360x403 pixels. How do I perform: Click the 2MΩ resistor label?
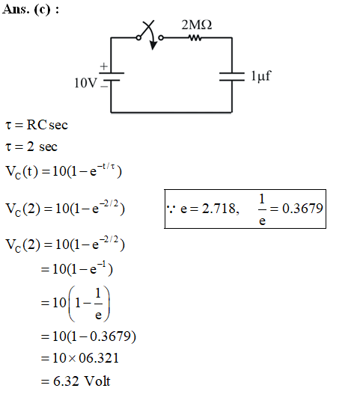pos(197,25)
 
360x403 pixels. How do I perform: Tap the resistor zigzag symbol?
pos(195,38)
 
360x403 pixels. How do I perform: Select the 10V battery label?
pos(85,83)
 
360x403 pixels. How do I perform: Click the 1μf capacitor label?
pos(261,76)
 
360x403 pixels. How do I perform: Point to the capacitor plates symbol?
pos(232,76)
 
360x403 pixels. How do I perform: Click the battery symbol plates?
pos(112,76)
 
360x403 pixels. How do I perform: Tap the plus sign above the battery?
pos(104,67)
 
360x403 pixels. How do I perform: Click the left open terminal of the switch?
pos(138,38)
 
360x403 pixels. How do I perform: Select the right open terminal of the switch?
pos(161,38)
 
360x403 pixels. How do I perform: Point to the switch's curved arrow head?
pos(153,46)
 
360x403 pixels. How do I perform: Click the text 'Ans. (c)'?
pos(26,10)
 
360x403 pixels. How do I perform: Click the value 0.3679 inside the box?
pos(302,208)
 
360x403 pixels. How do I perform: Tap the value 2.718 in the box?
pos(219,209)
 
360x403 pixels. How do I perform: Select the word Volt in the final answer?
pos(97,381)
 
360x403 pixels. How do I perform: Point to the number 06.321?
pos(99,358)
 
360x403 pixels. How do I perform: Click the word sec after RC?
pos(58,125)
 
